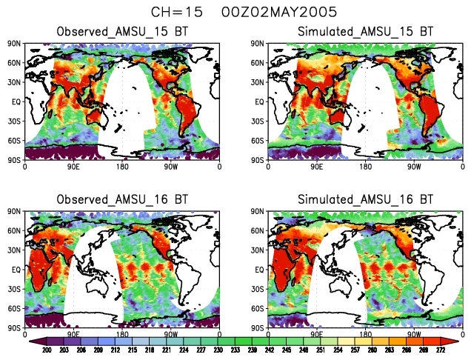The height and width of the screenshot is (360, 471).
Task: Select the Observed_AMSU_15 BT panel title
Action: click(122, 33)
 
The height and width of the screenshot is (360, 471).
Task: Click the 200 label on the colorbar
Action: click(46, 350)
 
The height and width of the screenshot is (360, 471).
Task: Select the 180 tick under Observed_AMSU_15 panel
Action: click(122, 166)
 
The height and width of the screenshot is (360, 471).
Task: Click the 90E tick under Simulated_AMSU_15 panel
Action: click(316, 166)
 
